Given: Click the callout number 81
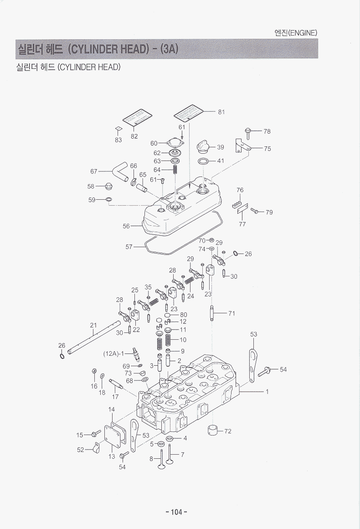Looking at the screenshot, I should (221, 112).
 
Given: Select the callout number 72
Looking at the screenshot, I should (228, 431).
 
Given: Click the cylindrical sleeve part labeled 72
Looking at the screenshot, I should (213, 430).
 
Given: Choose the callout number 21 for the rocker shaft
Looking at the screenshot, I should (93, 325).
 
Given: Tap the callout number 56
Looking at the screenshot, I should (126, 226).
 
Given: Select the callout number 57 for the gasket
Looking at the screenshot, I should (129, 247).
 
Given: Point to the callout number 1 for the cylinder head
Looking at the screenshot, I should (267, 392).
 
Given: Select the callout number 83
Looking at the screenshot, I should (118, 140).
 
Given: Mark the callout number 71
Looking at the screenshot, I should (231, 313).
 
